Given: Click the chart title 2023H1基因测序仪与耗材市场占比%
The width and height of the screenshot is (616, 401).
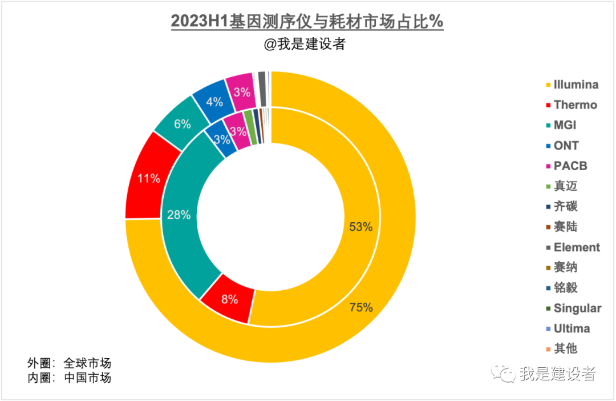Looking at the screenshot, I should tap(307, 21).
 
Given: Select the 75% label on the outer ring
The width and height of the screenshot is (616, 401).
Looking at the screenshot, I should tap(361, 308).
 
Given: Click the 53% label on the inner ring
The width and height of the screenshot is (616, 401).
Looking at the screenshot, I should tap(360, 227).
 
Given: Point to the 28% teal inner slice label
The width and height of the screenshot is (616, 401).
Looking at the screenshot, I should tap(179, 215).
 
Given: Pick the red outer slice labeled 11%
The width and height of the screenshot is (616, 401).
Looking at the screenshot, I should tap(148, 178).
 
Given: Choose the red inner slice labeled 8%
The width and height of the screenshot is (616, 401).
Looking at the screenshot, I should tap(229, 299).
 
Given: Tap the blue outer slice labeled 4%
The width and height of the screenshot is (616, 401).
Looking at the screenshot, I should tap(214, 102).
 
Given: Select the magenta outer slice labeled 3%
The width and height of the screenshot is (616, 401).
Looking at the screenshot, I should tap(242, 91).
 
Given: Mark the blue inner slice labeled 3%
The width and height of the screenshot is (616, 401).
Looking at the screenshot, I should tap(222, 139).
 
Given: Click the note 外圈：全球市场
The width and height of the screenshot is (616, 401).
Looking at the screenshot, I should tap(69, 363).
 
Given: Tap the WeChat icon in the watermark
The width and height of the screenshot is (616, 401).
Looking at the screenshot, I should tap(505, 374).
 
